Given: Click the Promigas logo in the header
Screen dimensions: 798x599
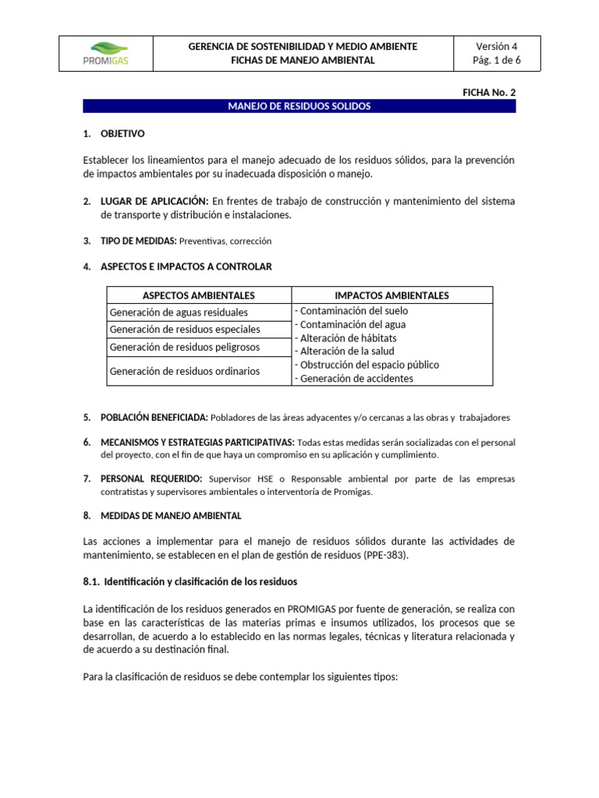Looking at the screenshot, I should click(105, 54).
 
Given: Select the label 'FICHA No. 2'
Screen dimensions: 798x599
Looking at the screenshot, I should click(489, 92).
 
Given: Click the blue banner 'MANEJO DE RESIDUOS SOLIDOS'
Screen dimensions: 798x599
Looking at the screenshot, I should click(299, 106).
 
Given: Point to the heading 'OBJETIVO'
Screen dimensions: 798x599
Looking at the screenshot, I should click(122, 134).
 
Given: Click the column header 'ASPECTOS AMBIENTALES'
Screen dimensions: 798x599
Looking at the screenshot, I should click(199, 295).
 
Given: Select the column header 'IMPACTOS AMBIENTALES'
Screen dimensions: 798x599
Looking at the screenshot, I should click(392, 295).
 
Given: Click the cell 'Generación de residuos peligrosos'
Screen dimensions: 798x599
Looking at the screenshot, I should click(185, 347).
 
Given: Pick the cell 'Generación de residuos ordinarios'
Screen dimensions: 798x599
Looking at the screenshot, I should click(185, 371).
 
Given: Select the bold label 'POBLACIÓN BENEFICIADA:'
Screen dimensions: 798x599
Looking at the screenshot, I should click(154, 418).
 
